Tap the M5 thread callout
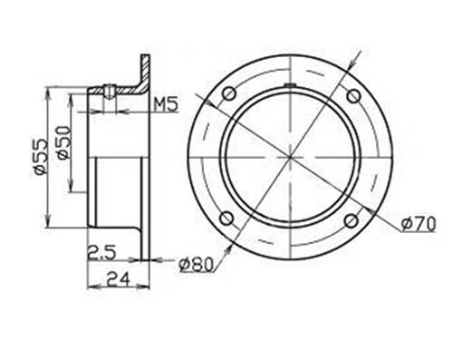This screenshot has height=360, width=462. (164, 105)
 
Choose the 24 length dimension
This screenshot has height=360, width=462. (114, 279)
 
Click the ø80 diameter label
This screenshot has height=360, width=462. (196, 264)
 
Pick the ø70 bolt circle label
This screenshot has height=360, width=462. (417, 222)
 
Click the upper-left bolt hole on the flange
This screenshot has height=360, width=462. (227, 94)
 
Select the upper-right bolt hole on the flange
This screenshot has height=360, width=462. (351, 94)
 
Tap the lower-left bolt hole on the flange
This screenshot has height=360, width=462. (227, 219)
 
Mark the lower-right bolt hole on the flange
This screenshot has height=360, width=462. (351, 219)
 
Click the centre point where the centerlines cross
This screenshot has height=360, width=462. (289, 157)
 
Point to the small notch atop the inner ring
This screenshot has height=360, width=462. (289, 85)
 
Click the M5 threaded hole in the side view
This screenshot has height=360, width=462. (108, 90)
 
